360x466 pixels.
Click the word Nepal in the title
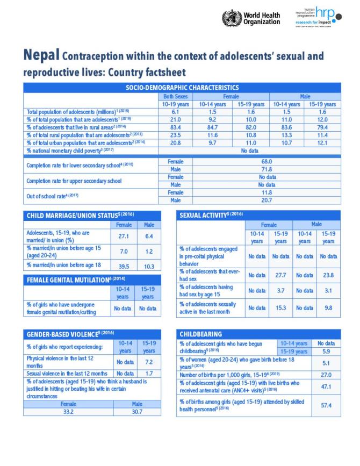pyautogui.click(x=41, y=56)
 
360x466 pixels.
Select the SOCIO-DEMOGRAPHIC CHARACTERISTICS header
pyautogui.click(x=182, y=88)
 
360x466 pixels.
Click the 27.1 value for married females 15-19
pyautogui.click(x=123, y=235)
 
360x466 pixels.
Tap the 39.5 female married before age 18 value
pyautogui.click(x=123, y=266)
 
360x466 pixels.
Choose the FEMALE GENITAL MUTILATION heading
pyautogui.click(x=76, y=279)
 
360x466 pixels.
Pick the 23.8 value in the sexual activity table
pyautogui.click(x=328, y=275)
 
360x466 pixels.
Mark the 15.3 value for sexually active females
pyautogui.click(x=280, y=308)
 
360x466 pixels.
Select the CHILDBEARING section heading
pyautogui.click(x=201, y=334)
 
